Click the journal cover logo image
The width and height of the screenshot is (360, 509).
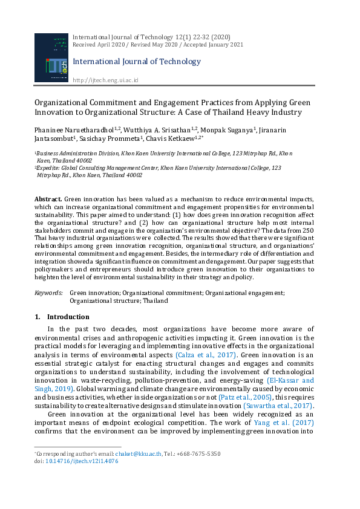point(51,59)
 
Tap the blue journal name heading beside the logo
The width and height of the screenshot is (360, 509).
point(136,62)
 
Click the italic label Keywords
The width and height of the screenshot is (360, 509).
point(48,293)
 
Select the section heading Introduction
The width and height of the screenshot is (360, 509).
point(68,317)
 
